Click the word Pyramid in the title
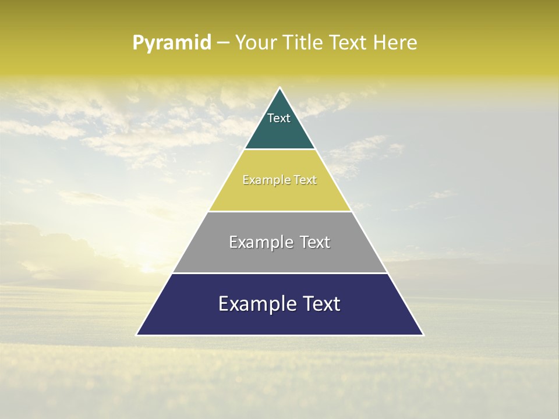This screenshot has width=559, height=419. coord(172,43)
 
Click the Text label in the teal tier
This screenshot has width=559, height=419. coord(279,118)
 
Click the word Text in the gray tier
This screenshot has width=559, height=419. coord(314,242)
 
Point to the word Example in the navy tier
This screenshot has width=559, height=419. coord(255,304)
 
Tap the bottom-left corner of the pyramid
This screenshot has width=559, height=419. coord(137,335)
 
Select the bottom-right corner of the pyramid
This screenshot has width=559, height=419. coord(423,335)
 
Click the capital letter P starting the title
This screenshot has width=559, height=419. coord(138,43)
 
